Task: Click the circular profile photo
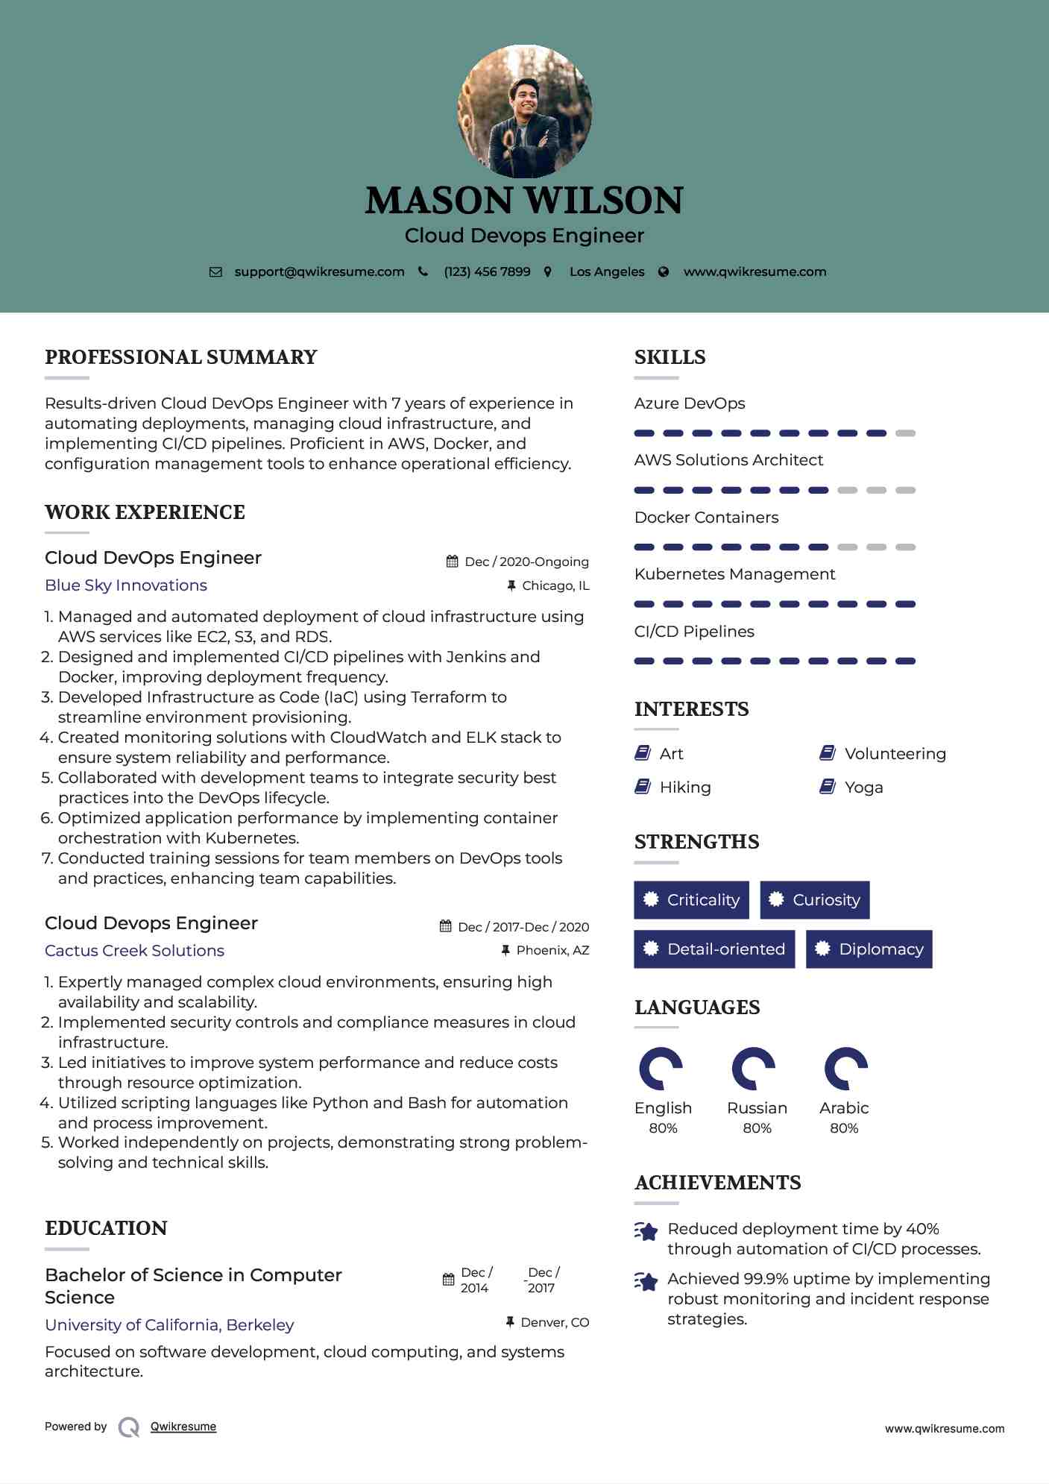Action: (524, 112)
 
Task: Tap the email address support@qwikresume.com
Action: (319, 272)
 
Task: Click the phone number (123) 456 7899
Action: (487, 272)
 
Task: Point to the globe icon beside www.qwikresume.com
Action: (664, 272)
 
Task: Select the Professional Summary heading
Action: (181, 357)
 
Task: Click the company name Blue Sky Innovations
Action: (126, 585)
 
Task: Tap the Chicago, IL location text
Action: (555, 586)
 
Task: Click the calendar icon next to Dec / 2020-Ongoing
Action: (452, 562)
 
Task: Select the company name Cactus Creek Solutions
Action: (134, 951)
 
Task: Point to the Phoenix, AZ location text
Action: (552, 951)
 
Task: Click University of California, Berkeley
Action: (169, 1325)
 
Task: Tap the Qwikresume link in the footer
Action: (183, 1427)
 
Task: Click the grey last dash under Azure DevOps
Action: (905, 433)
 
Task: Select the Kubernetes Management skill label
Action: (734, 574)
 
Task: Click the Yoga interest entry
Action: (863, 787)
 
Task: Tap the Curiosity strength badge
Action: (814, 900)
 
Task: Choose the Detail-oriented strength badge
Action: (713, 949)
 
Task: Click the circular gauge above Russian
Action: (754, 1069)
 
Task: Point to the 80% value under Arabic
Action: (844, 1128)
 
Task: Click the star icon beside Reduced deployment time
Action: (646, 1231)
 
